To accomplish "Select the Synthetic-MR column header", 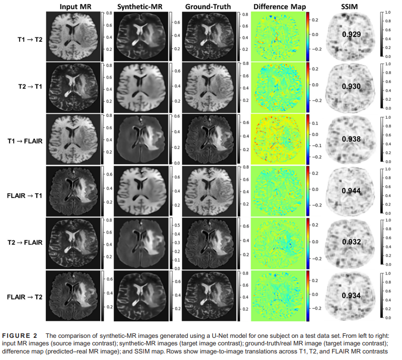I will pos(140,7).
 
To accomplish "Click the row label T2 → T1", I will pos(24,87).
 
